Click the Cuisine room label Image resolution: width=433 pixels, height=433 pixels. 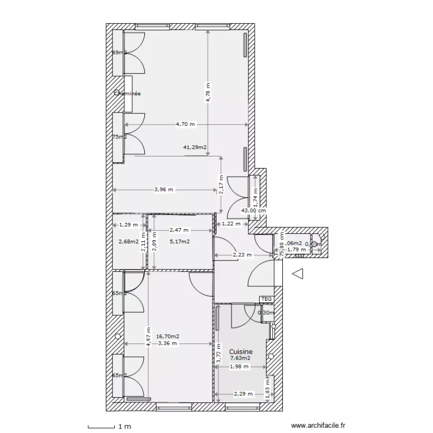(241, 351)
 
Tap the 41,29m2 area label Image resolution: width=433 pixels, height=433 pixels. (195, 148)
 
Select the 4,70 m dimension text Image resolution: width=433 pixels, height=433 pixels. (185, 124)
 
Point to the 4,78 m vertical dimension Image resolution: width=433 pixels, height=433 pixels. (208, 92)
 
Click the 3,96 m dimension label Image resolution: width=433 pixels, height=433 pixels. (163, 189)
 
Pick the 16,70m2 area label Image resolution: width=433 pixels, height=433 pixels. (167, 336)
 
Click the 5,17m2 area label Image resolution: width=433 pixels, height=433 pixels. (180, 241)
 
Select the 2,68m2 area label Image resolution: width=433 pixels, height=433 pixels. (128, 241)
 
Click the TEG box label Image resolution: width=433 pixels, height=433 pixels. (266, 298)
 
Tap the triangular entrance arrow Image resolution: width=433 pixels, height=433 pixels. (298, 275)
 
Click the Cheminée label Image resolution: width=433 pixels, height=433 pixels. (128, 93)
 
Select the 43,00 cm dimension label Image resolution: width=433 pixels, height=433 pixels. (254, 211)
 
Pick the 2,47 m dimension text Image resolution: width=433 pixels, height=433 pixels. (179, 230)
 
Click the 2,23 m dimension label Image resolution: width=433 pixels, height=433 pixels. (242, 254)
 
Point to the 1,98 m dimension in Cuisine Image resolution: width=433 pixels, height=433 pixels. (238, 366)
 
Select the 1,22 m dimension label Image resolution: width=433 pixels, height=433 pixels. (231, 223)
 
